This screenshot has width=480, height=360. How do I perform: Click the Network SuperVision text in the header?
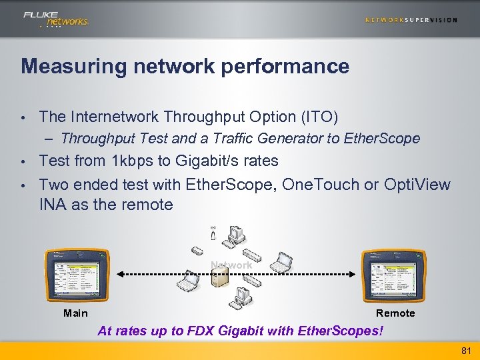pos(411,20)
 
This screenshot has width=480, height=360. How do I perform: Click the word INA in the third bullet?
pos(53,205)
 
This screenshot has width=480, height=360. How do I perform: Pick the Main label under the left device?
pos(75,313)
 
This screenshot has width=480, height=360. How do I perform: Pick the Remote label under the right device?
pos(395,313)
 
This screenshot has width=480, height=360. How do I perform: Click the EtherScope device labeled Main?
pos(75,275)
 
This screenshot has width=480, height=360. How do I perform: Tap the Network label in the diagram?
pos(231,265)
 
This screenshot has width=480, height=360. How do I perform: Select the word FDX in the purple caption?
pos(204,331)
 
